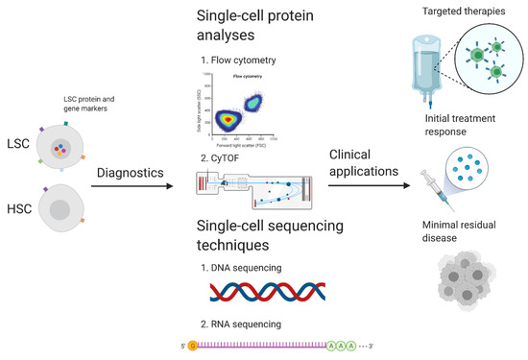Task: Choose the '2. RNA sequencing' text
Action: click(246, 324)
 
